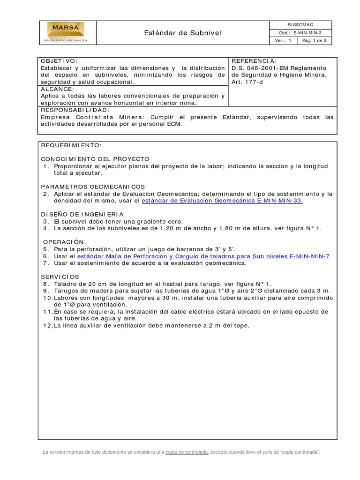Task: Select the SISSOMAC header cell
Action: click(x=300, y=24)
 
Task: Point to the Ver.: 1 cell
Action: click(x=283, y=41)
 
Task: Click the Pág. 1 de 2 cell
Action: click(x=316, y=41)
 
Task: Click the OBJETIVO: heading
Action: click(x=58, y=61)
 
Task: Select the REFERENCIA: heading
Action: click(x=254, y=61)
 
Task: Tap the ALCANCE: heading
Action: click(x=57, y=89)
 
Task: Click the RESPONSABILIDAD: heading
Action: click(x=75, y=110)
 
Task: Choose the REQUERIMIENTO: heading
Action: click(x=71, y=145)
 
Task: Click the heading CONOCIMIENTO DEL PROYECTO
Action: click(x=95, y=159)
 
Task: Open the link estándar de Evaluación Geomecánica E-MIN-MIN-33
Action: click(x=222, y=200)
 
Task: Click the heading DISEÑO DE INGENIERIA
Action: click(x=82, y=214)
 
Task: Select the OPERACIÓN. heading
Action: click(x=64, y=242)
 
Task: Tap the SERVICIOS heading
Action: click(x=60, y=277)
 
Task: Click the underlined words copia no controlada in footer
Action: click(x=186, y=452)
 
